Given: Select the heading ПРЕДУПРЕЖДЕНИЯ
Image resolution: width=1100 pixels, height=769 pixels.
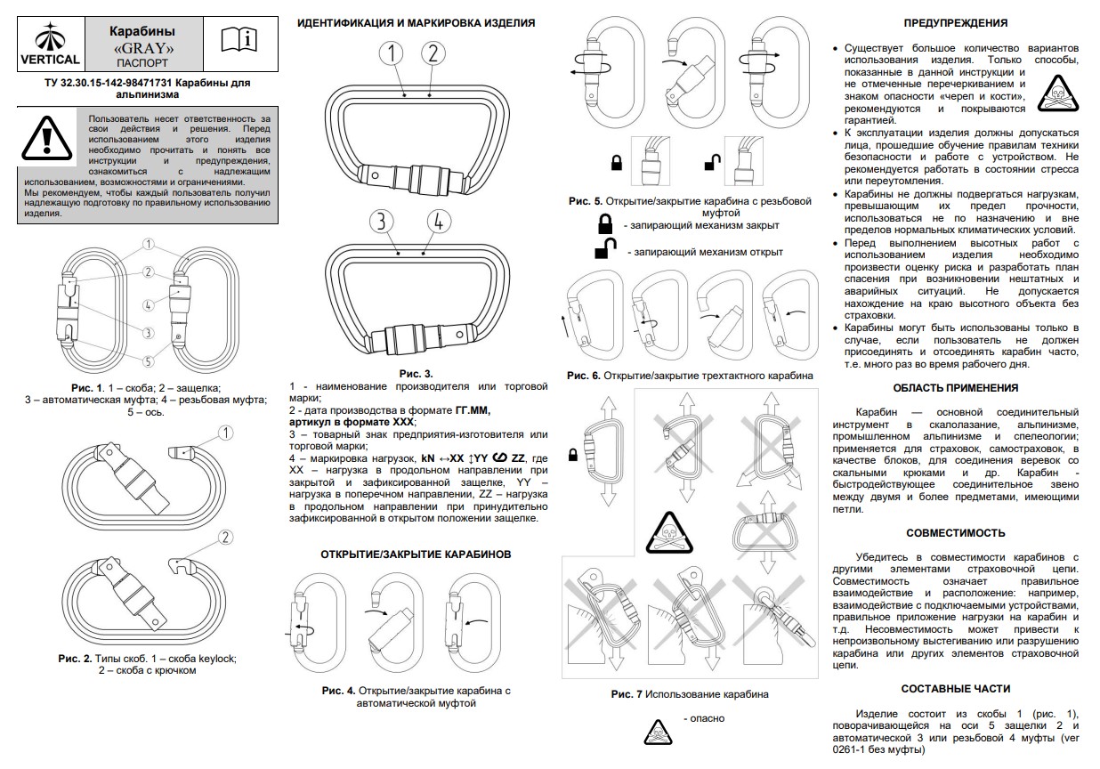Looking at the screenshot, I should point(955,23).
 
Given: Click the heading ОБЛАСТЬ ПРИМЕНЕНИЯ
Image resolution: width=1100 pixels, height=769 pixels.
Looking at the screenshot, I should point(955,388).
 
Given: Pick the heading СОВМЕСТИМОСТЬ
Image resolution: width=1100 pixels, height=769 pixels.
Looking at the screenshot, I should point(955,533).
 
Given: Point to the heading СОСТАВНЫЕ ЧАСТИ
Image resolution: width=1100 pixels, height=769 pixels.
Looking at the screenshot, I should point(955,689).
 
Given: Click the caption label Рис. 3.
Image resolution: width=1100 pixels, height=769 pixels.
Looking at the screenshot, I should point(416,374).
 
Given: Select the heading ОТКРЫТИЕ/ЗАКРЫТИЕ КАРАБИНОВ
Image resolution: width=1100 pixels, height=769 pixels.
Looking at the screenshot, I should point(416,554).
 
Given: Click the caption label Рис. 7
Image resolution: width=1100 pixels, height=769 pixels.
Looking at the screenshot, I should point(627,694).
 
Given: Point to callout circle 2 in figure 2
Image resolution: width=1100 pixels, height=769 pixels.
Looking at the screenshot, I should point(225,537).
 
